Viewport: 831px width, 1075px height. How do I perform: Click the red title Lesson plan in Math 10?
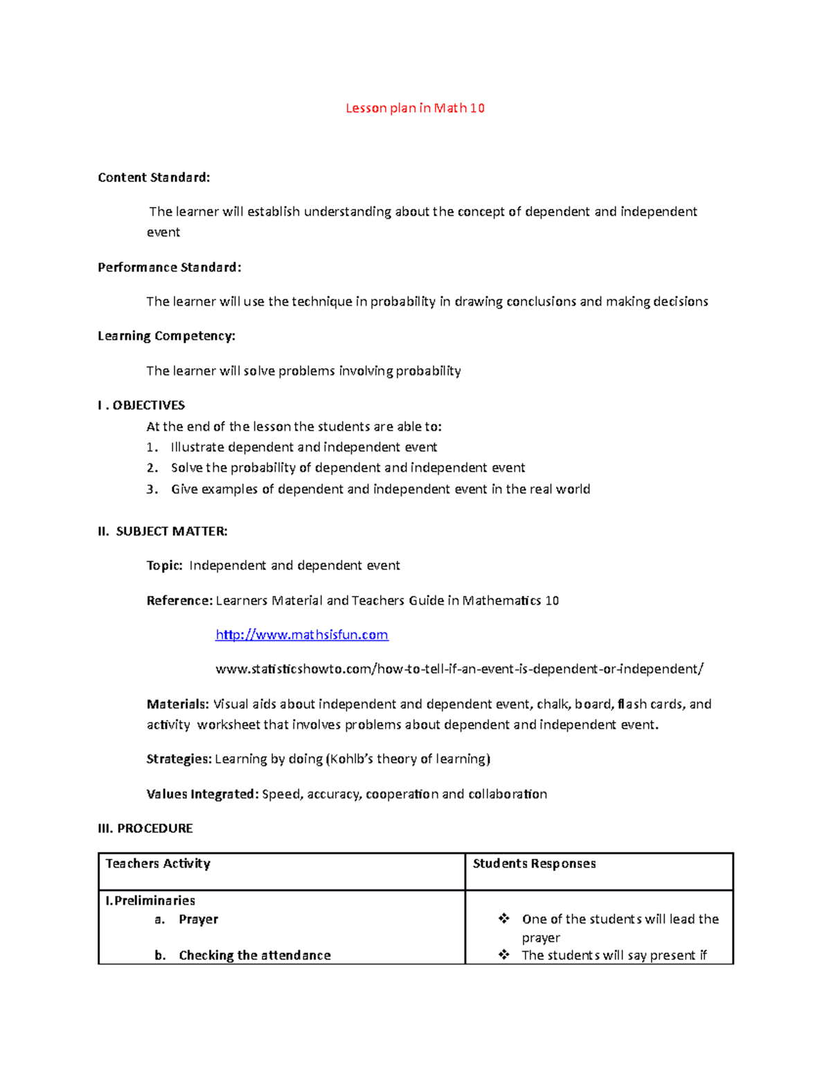[x=415, y=108]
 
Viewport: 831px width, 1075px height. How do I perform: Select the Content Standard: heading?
[x=154, y=177]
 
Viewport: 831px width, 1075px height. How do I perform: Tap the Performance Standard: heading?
[x=170, y=267]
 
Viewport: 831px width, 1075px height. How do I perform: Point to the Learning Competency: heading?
[x=166, y=336]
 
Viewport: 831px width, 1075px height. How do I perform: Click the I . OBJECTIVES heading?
[x=141, y=405]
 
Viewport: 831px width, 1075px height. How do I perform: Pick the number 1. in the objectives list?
[x=152, y=447]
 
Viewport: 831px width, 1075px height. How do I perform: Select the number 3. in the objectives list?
[x=152, y=489]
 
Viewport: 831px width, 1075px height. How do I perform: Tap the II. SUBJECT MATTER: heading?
[x=163, y=531]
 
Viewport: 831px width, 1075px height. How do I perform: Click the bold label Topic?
[x=164, y=566]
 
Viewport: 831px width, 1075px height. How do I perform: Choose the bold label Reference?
[x=179, y=600]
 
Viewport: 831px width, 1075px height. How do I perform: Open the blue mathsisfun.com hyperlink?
[x=301, y=635]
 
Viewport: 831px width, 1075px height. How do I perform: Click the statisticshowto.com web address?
[x=459, y=669]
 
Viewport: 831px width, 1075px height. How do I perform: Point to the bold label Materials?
[x=177, y=704]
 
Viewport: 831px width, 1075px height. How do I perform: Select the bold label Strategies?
[x=179, y=759]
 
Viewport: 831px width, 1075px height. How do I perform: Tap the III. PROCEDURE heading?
[x=145, y=828]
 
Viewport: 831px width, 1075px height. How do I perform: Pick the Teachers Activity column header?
[x=158, y=863]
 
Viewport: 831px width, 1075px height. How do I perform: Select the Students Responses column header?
[x=534, y=863]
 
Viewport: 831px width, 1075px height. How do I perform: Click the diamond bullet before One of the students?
[x=504, y=919]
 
